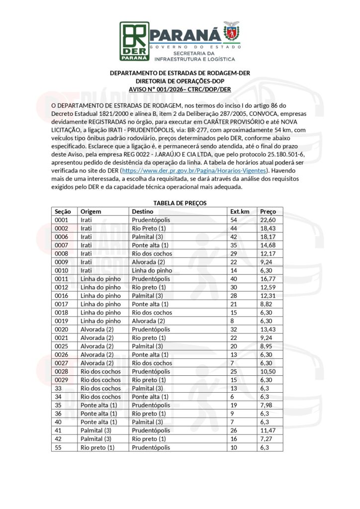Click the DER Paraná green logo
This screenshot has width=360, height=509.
pyautogui.click(x=134, y=40)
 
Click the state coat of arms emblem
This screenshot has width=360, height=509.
pyautogui.click(x=230, y=32)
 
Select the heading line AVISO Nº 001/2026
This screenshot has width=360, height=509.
pyautogui.click(x=180, y=89)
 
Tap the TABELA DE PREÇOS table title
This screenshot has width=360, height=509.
pyautogui.click(x=180, y=203)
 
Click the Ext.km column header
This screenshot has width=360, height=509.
pyautogui.click(x=239, y=211)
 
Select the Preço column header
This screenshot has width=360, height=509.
pyautogui.click(x=269, y=211)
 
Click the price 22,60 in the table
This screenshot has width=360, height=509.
pyautogui.click(x=268, y=220)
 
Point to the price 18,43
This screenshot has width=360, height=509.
pyautogui.click(x=268, y=228)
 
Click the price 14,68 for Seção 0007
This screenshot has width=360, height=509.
pyautogui.click(x=268, y=245)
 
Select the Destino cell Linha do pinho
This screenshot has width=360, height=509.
pyautogui.click(x=152, y=270)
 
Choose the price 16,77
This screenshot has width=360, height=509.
pyautogui.click(x=268, y=279)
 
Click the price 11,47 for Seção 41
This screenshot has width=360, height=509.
pyautogui.click(x=268, y=430)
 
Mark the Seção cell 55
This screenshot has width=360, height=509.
pyautogui.click(x=58, y=447)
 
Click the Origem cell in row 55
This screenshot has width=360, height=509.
pyautogui.click(x=97, y=447)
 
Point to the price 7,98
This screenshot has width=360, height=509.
pyautogui.click(x=267, y=405)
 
